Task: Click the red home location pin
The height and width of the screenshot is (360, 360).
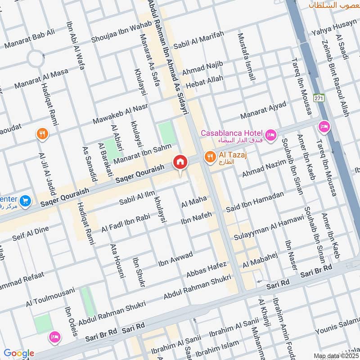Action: [180, 162]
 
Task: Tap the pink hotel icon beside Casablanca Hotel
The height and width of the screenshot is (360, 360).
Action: [270, 134]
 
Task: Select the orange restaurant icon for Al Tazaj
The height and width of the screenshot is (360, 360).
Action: [209, 157]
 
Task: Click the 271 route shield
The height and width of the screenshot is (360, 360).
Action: [319, 98]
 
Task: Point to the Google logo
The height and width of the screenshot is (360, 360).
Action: [19, 353]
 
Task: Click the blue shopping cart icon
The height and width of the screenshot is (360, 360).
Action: [25, 201]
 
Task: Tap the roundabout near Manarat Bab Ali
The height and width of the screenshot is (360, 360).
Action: [35, 58]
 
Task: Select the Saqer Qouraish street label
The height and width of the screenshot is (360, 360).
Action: [141, 172]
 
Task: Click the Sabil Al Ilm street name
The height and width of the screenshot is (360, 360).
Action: [137, 198]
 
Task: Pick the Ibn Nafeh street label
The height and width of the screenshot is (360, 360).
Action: [196, 218]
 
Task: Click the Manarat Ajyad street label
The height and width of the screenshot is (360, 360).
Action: [263, 110]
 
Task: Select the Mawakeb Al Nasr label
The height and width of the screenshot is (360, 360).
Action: [120, 115]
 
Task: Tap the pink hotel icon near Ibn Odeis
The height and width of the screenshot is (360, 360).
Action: [55, 336]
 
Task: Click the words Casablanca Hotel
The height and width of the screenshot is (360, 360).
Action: [231, 133]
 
